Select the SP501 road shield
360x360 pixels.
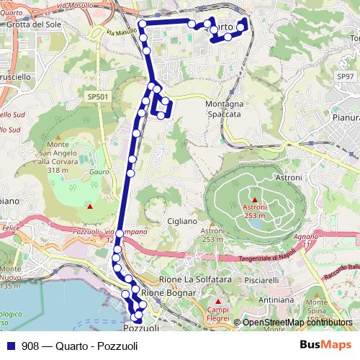pyautogui.click(x=97, y=96)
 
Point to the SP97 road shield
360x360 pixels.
pyautogui.click(x=346, y=76)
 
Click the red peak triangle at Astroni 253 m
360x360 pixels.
pyautogui.click(x=254, y=199)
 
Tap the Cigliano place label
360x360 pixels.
pyautogui.click(x=181, y=221)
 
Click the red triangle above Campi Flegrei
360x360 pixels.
pyautogui.click(x=218, y=300)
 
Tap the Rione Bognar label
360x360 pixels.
pyautogui.click(x=168, y=293)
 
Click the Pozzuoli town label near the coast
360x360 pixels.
pyautogui.click(x=140, y=328)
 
